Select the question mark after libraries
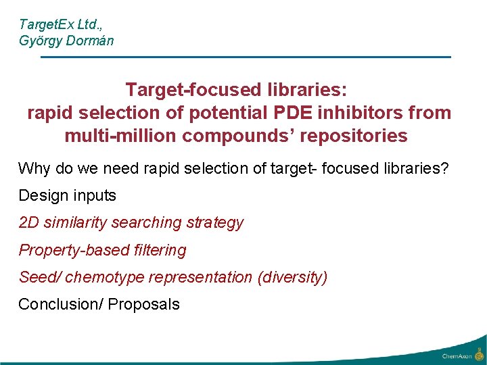coord(444,168)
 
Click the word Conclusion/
coord(61,304)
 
